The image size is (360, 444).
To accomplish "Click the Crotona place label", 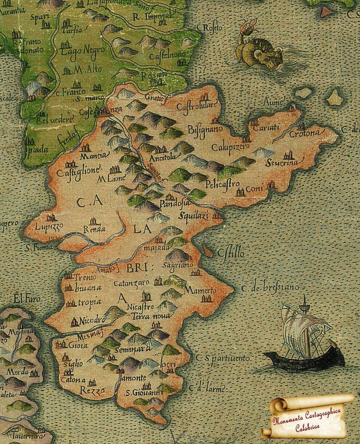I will pos(304,133).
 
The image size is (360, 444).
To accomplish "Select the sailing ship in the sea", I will pos(303,337).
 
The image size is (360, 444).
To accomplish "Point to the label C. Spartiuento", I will pos(224,358).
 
